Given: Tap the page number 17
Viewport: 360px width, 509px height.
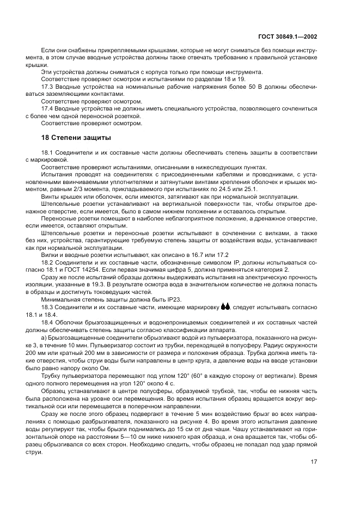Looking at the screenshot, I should click(314, 462).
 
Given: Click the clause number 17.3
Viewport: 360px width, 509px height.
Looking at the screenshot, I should click(47, 87).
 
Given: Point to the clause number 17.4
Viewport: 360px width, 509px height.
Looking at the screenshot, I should click(47, 108).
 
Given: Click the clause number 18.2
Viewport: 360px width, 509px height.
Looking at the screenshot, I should click(47, 262).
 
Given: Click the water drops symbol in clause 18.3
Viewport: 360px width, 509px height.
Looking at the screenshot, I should click(225, 306).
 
